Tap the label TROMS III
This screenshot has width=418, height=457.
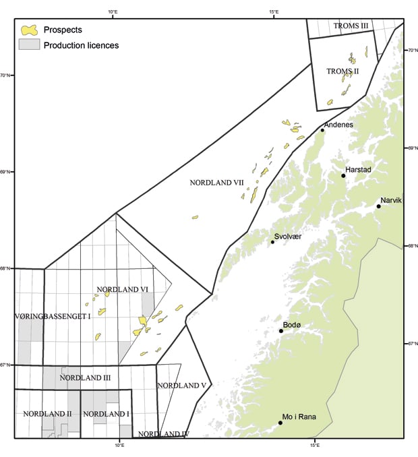coord(351,26)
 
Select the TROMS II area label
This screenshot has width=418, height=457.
coord(342,71)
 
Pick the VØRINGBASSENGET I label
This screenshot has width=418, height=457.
coord(52,315)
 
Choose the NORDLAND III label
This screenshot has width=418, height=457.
coord(85,378)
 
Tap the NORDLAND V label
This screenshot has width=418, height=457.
coord(177,386)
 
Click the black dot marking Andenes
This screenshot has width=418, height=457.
coord(323,130)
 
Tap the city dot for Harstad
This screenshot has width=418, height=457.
coord(344,176)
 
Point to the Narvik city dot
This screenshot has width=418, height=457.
coord(378,206)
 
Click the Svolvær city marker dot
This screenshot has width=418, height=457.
coord(273,242)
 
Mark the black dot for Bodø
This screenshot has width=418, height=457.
coord(281,331)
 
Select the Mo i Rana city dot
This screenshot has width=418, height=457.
coord(280,423)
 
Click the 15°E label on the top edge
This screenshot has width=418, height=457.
coord(274,11)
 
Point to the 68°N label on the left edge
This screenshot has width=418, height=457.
coord(5,268)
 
